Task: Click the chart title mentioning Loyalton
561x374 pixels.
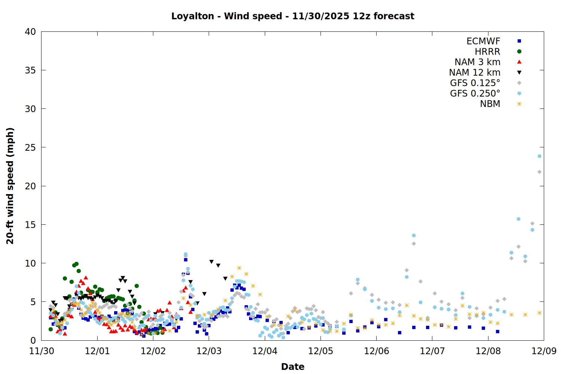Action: (292, 16)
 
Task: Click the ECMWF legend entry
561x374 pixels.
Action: (483, 41)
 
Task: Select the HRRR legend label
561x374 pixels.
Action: (487, 52)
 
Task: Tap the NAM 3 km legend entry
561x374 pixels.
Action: (477, 62)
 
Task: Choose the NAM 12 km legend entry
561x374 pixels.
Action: (475, 73)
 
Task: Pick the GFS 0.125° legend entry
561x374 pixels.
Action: (475, 83)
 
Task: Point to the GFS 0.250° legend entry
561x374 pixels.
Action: (475, 93)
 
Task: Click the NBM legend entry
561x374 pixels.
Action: (490, 104)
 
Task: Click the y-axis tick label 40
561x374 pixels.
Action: (30, 32)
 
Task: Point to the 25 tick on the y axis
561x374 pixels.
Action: (30, 147)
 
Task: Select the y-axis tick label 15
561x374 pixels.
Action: (30, 225)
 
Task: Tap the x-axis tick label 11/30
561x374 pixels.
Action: (41, 351)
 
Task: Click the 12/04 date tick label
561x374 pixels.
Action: (265, 351)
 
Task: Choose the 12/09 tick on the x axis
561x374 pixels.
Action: (544, 351)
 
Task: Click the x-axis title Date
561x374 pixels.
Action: (292, 367)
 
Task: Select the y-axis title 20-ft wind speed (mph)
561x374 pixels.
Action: (10, 186)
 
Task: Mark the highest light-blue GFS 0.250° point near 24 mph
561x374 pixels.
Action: (539, 156)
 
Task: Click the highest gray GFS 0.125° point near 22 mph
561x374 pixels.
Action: (539, 172)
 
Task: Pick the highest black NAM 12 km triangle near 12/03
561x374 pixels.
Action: (211, 262)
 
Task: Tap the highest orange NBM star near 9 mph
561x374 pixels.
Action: (239, 268)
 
